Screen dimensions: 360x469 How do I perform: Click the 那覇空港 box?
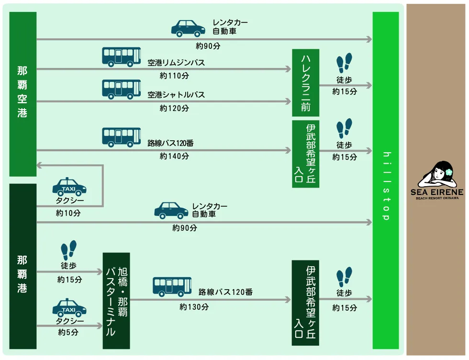click(x=22, y=93)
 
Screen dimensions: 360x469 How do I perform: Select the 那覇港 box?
click(x=22, y=266)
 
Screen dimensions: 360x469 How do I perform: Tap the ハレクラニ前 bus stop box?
click(x=305, y=82)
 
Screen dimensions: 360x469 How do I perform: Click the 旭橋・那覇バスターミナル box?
click(x=116, y=301)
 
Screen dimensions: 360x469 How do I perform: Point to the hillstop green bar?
click(x=386, y=180)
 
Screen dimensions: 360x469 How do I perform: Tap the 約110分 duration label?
click(x=174, y=76)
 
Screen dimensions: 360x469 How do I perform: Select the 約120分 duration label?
click(x=174, y=108)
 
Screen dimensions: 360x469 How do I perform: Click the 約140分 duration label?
click(x=174, y=156)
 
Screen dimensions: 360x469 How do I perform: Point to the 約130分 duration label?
click(x=194, y=307)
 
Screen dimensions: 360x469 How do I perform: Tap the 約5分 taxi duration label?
click(x=68, y=332)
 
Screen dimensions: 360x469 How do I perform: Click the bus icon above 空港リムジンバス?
click(x=122, y=56)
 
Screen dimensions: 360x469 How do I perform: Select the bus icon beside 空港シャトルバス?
click(x=122, y=89)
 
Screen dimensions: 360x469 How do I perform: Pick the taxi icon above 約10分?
click(x=69, y=187)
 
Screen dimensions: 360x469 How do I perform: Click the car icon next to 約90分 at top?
click(x=188, y=28)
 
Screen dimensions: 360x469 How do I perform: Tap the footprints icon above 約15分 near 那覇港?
click(x=68, y=250)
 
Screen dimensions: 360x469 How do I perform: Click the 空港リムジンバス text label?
click(x=176, y=63)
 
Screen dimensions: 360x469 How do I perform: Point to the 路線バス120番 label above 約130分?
click(x=225, y=291)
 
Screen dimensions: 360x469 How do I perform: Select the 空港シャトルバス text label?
click(x=176, y=95)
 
